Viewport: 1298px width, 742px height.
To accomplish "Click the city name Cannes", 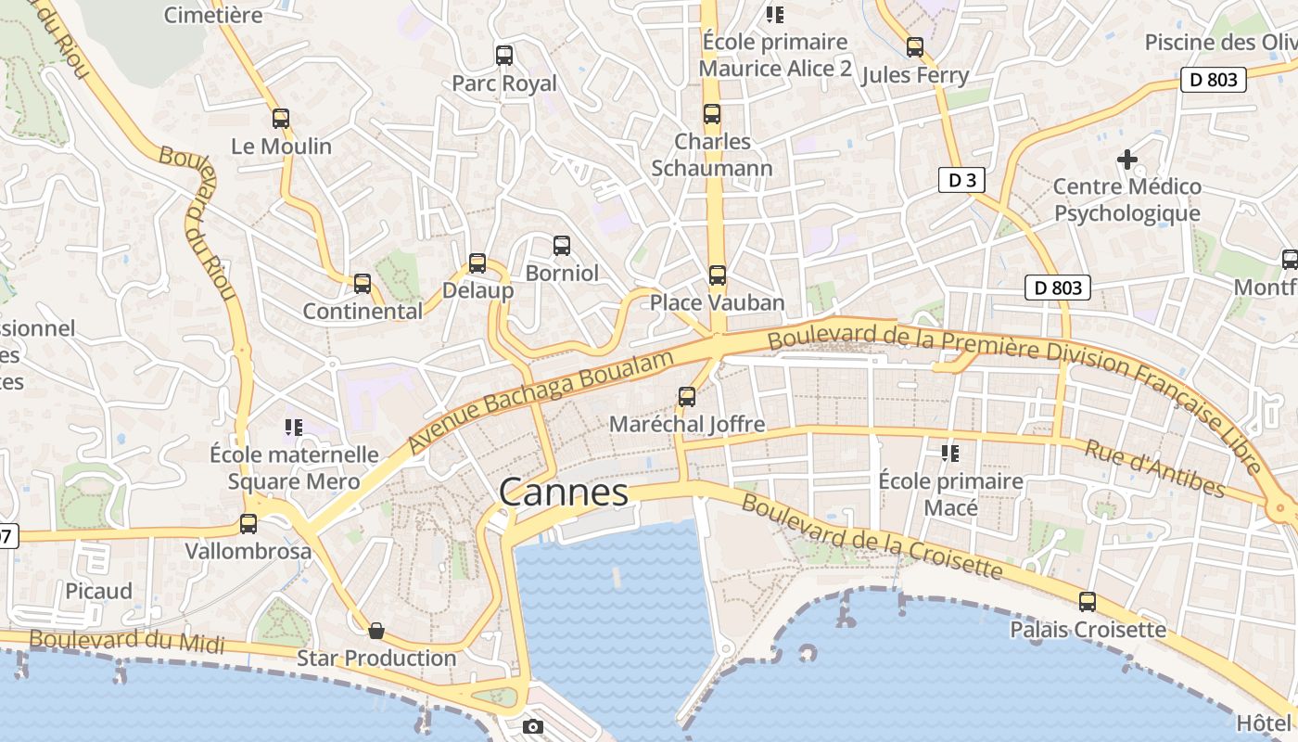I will [564, 493].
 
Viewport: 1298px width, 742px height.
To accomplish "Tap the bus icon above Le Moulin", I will [281, 119].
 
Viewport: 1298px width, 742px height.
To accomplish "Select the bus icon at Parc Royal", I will [504, 56].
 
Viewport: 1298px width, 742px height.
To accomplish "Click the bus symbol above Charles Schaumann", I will [712, 115].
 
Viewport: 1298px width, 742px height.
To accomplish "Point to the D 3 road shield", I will [961, 180].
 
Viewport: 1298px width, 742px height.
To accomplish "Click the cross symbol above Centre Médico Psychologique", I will [1126, 160].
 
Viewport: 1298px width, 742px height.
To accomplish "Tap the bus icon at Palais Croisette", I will [1088, 602].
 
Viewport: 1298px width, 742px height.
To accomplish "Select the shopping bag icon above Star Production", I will [376, 631].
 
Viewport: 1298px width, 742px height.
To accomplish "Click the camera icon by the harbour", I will [533, 726].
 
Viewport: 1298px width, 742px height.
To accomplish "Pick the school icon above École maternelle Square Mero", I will [294, 428].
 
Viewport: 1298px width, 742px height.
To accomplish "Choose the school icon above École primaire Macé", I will [950, 454].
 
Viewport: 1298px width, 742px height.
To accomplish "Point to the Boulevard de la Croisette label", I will [872, 536].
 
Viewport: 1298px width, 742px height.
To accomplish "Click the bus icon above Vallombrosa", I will [248, 524].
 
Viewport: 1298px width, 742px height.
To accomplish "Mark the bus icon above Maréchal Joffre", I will [687, 397].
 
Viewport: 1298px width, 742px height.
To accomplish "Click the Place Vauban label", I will [717, 302].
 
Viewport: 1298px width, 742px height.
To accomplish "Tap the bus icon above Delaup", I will [477, 263].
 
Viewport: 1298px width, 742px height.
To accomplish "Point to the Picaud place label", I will [98, 591].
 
